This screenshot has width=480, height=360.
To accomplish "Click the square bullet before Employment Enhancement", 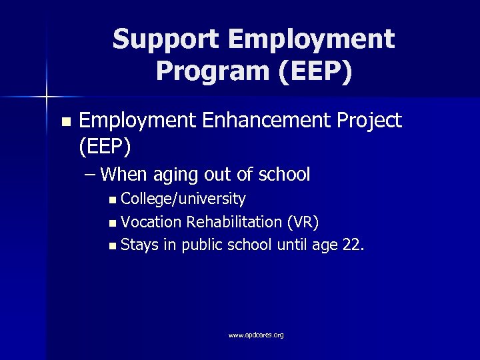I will pyautogui.click(x=64, y=122).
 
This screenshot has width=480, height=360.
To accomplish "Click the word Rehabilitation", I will pyautogui.click(x=237, y=221).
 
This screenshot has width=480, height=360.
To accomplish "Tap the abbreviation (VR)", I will pyautogui.click(x=307, y=221).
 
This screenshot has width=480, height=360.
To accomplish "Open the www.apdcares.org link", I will pyautogui.click(x=256, y=335).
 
